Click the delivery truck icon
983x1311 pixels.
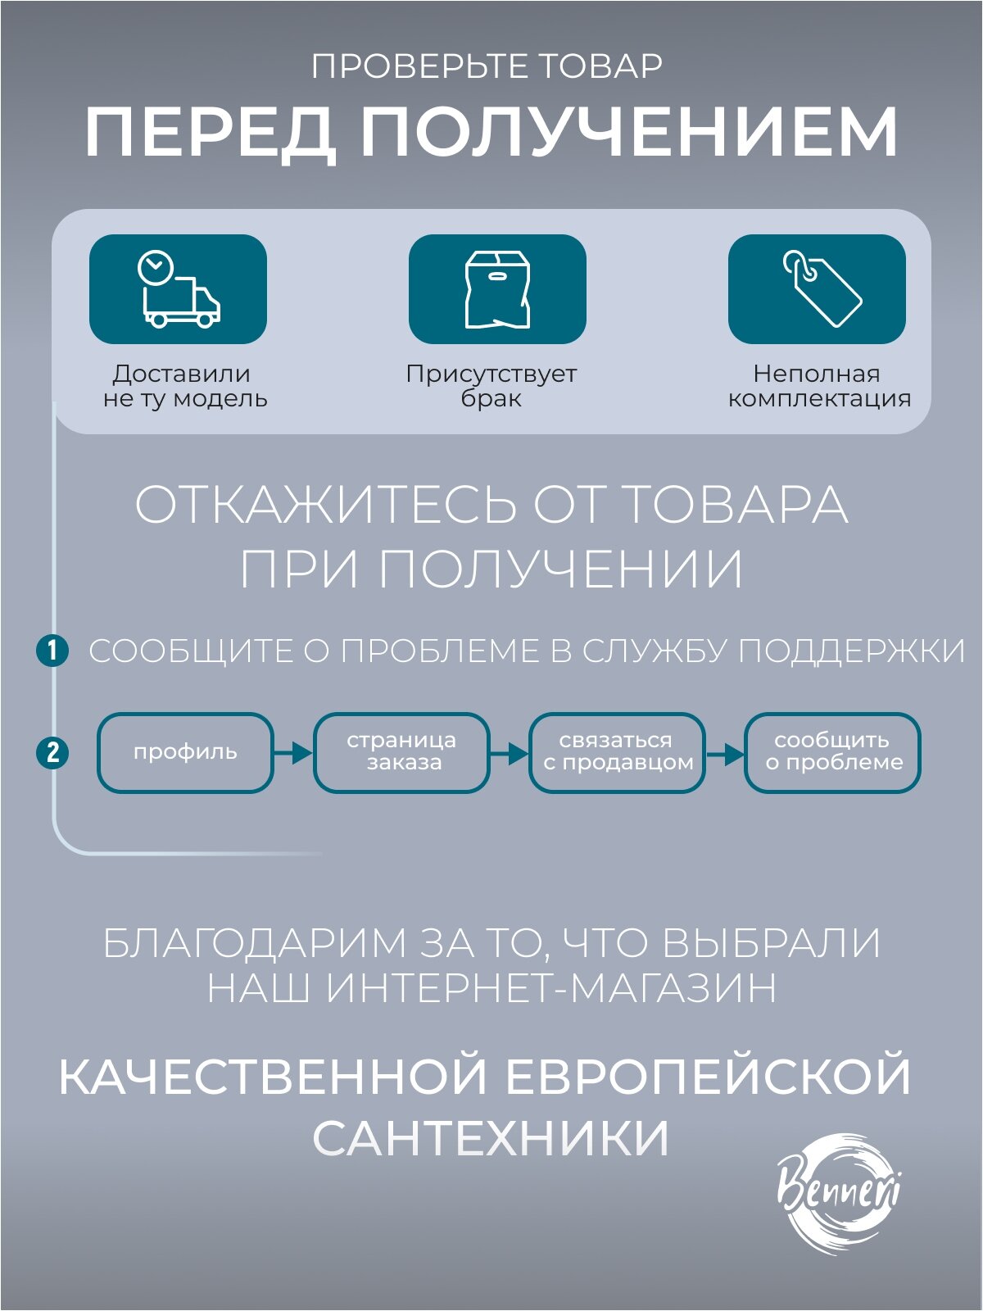pos(179,289)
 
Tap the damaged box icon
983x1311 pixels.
pos(497,289)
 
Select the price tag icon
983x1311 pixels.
pos(818,288)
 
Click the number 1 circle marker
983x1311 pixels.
pos(52,651)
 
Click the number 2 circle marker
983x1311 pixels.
pos(52,752)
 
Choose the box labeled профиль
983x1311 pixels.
pos(185,752)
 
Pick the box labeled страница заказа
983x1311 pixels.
pos(401,752)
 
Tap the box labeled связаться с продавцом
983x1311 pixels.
pos(618,752)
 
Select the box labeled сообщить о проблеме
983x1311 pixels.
pos(833,752)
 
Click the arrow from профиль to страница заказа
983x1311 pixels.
pos(293,752)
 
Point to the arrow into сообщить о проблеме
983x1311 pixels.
pos(725,752)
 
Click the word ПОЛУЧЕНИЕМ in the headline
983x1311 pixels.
pos(630,133)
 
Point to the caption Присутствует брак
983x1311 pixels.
pos(491,386)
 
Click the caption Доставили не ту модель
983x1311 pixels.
pos(184,386)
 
